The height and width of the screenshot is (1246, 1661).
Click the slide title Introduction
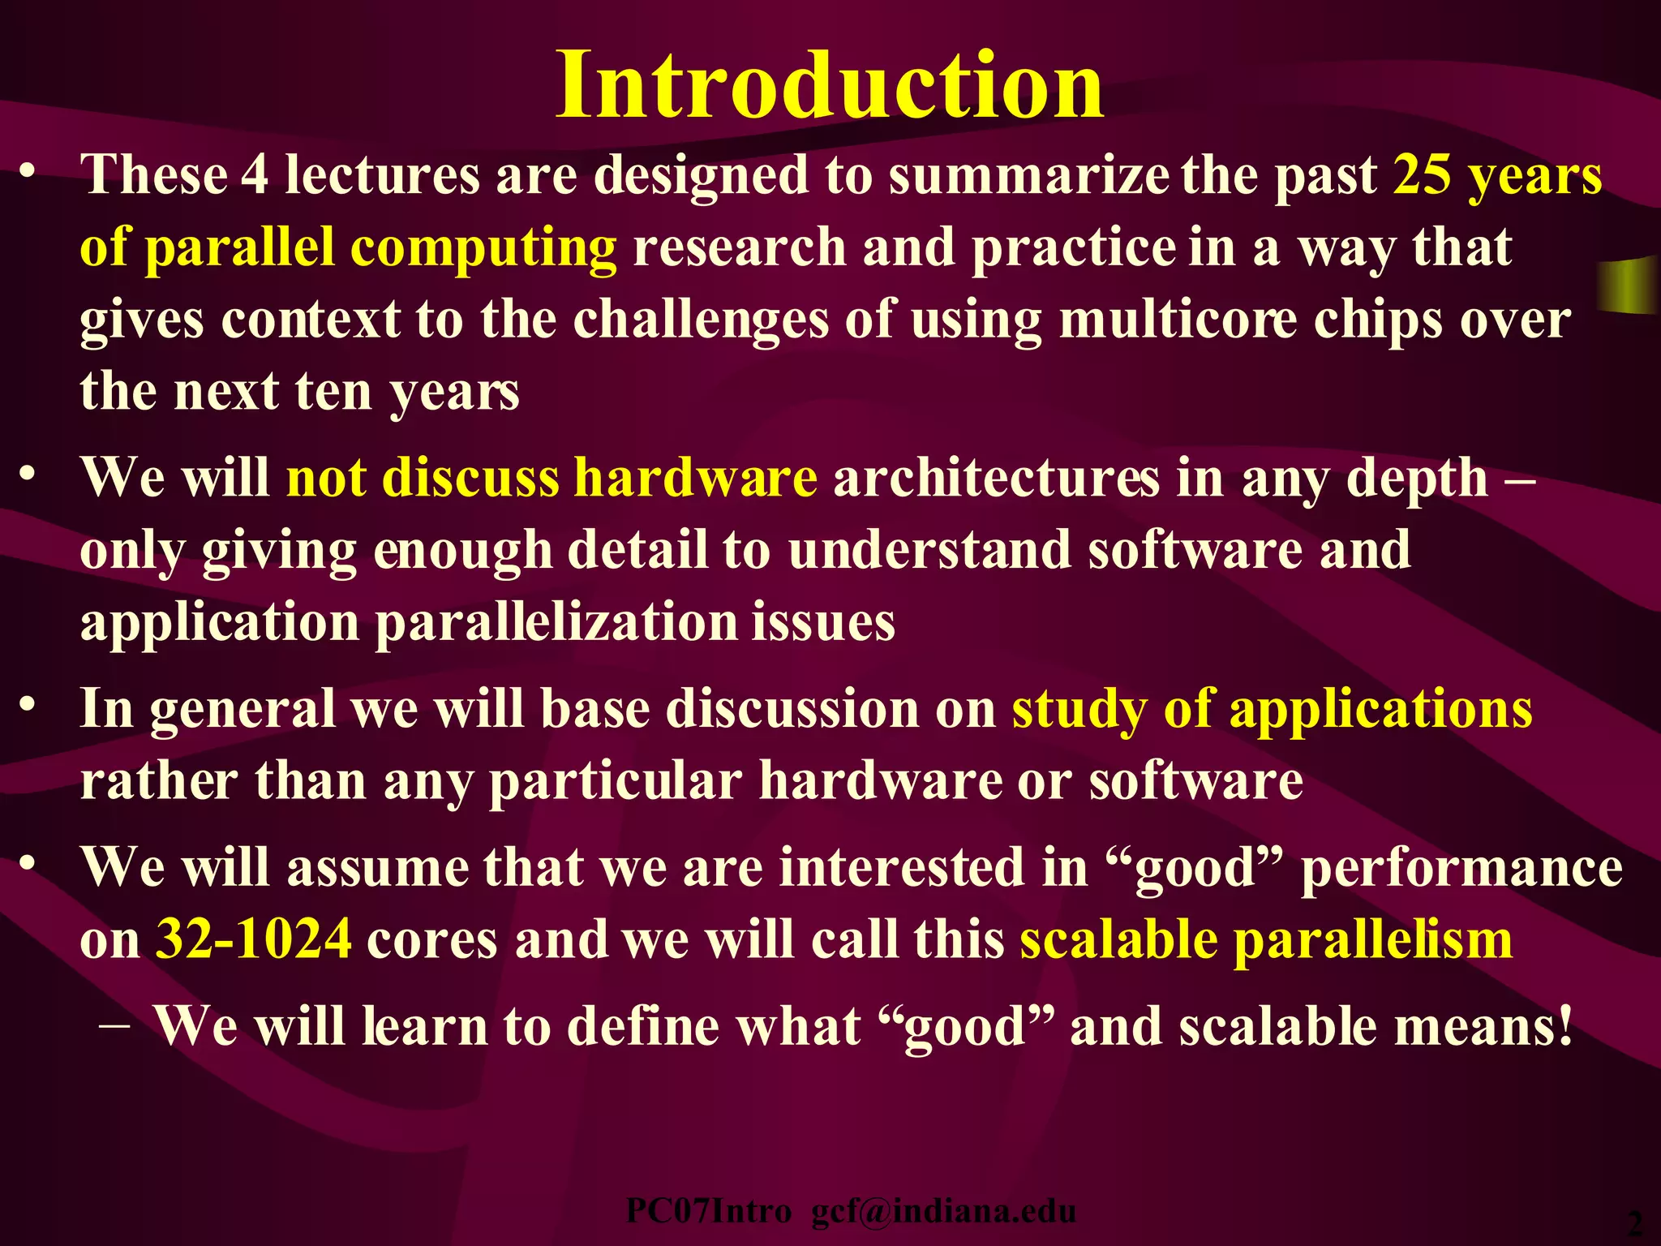[829, 85]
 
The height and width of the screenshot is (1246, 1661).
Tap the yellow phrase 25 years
[1497, 176]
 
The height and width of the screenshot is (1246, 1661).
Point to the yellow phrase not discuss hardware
[552, 477]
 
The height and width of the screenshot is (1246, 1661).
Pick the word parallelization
[556, 622]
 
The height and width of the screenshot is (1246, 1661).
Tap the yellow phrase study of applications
[1272, 709]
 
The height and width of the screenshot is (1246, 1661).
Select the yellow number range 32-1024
[253, 939]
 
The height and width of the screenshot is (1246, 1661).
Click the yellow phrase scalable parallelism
[1266, 939]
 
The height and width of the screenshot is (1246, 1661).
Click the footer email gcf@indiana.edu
[943, 1211]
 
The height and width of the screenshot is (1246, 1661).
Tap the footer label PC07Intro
[708, 1211]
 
